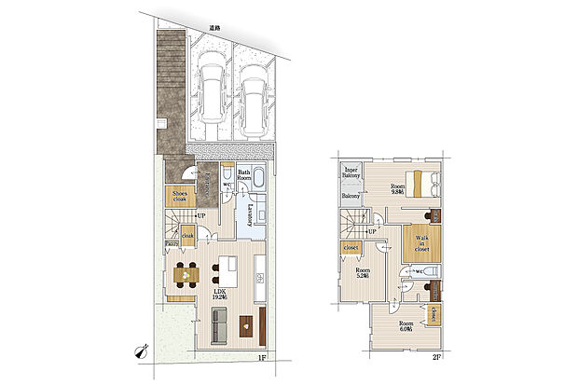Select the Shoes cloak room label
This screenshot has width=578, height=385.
[x=180, y=197]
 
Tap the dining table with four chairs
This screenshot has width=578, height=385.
[x=185, y=274]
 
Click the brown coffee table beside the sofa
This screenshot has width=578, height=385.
[x=246, y=326]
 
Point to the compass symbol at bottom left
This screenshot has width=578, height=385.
[x=144, y=351]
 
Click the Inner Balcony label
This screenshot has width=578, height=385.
[x=351, y=173]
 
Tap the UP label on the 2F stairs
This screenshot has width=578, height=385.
[x=372, y=231]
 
